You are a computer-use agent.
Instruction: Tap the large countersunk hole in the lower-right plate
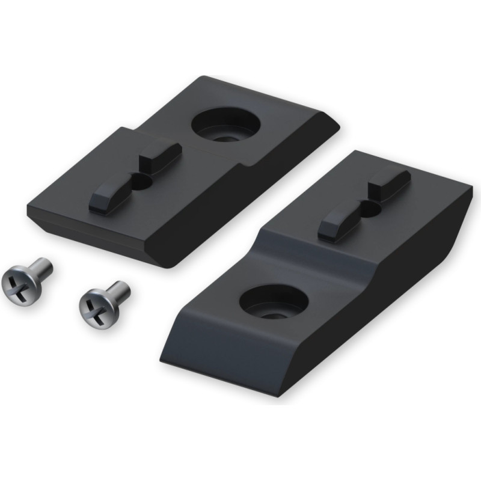(274, 304)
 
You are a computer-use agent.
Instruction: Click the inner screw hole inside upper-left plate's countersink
(225, 135)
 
